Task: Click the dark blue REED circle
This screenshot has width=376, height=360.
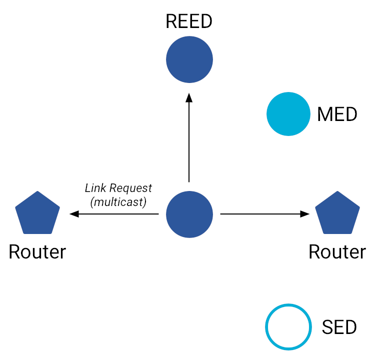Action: pos(189,60)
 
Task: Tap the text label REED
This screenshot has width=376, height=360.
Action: pos(189,21)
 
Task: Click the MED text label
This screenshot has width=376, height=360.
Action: pos(337,114)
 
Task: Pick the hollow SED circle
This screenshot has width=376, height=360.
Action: pos(288,327)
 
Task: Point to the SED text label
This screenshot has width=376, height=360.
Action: pos(339,327)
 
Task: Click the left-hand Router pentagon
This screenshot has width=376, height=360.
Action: pos(37,213)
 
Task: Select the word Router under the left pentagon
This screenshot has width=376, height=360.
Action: pos(37,252)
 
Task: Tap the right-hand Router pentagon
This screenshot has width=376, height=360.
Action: pos(337,213)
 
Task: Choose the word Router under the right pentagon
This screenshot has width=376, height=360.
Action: pos(337,252)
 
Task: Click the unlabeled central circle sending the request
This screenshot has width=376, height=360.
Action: pos(189,214)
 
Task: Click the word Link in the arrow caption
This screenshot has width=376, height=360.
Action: pos(95,188)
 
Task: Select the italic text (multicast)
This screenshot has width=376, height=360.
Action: pos(118,202)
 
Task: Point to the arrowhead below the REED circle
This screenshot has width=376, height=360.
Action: pos(189,98)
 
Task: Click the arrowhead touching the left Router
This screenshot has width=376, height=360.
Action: pos(74,214)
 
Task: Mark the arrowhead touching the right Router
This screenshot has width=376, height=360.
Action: pos(304,214)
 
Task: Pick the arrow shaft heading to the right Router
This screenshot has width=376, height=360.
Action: pos(260,214)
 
